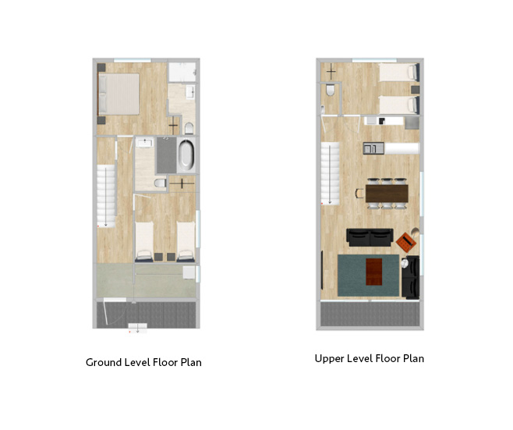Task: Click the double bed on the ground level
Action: pyautogui.click(x=119, y=94)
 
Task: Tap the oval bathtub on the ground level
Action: pyautogui.click(x=186, y=155)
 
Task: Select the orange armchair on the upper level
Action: pyautogui.click(x=406, y=242)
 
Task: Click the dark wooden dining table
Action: pyautogui.click(x=387, y=194)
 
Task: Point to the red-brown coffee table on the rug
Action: pyautogui.click(x=374, y=272)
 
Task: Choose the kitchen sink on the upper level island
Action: pyautogui.click(x=373, y=148)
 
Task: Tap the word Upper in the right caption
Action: pyautogui.click(x=329, y=359)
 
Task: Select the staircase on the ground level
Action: pyautogui.click(x=106, y=196)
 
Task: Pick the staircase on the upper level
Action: pyautogui.click(x=330, y=173)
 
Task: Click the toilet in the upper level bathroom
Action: pyautogui.click(x=330, y=90)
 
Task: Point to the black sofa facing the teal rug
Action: pyautogui.click(x=370, y=237)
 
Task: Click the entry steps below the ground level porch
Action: pyautogui.click(x=137, y=328)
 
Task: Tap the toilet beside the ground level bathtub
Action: pyautogui.click(x=161, y=183)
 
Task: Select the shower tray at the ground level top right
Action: pyautogui.click(x=182, y=72)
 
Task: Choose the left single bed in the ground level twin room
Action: pyautogui.click(x=144, y=242)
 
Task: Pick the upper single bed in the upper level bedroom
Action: pyautogui.click(x=399, y=72)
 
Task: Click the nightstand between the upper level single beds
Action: pyautogui.click(x=415, y=90)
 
